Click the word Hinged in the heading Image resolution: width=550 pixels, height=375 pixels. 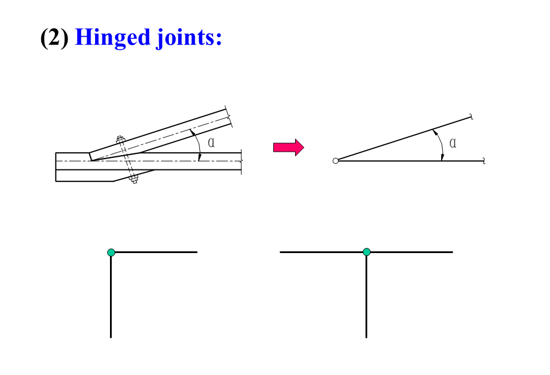tap(112, 37)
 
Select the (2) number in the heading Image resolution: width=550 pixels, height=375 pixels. tap(54, 37)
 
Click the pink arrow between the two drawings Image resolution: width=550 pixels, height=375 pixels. tap(288, 148)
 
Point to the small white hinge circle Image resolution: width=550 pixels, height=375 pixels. tap(336, 161)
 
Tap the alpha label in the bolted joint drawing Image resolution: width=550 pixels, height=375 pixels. tap(211, 142)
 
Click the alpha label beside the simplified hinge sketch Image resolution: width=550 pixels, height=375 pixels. tap(453, 143)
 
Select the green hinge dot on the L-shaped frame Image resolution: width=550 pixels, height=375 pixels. tap(111, 252)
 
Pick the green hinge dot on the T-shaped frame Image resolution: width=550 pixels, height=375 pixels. tap(367, 252)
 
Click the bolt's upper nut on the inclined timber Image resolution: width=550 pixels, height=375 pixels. tap(120, 139)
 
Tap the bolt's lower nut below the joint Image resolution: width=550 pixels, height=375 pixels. tap(135, 180)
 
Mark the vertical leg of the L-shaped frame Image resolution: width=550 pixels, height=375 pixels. tap(111, 298)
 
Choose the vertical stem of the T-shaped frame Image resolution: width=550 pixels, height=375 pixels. tap(366, 298)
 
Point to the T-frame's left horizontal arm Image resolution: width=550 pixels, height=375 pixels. tap(321, 252)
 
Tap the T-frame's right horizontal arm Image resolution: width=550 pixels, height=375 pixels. tap(412, 252)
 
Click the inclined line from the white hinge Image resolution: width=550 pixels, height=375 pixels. tap(401, 139)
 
